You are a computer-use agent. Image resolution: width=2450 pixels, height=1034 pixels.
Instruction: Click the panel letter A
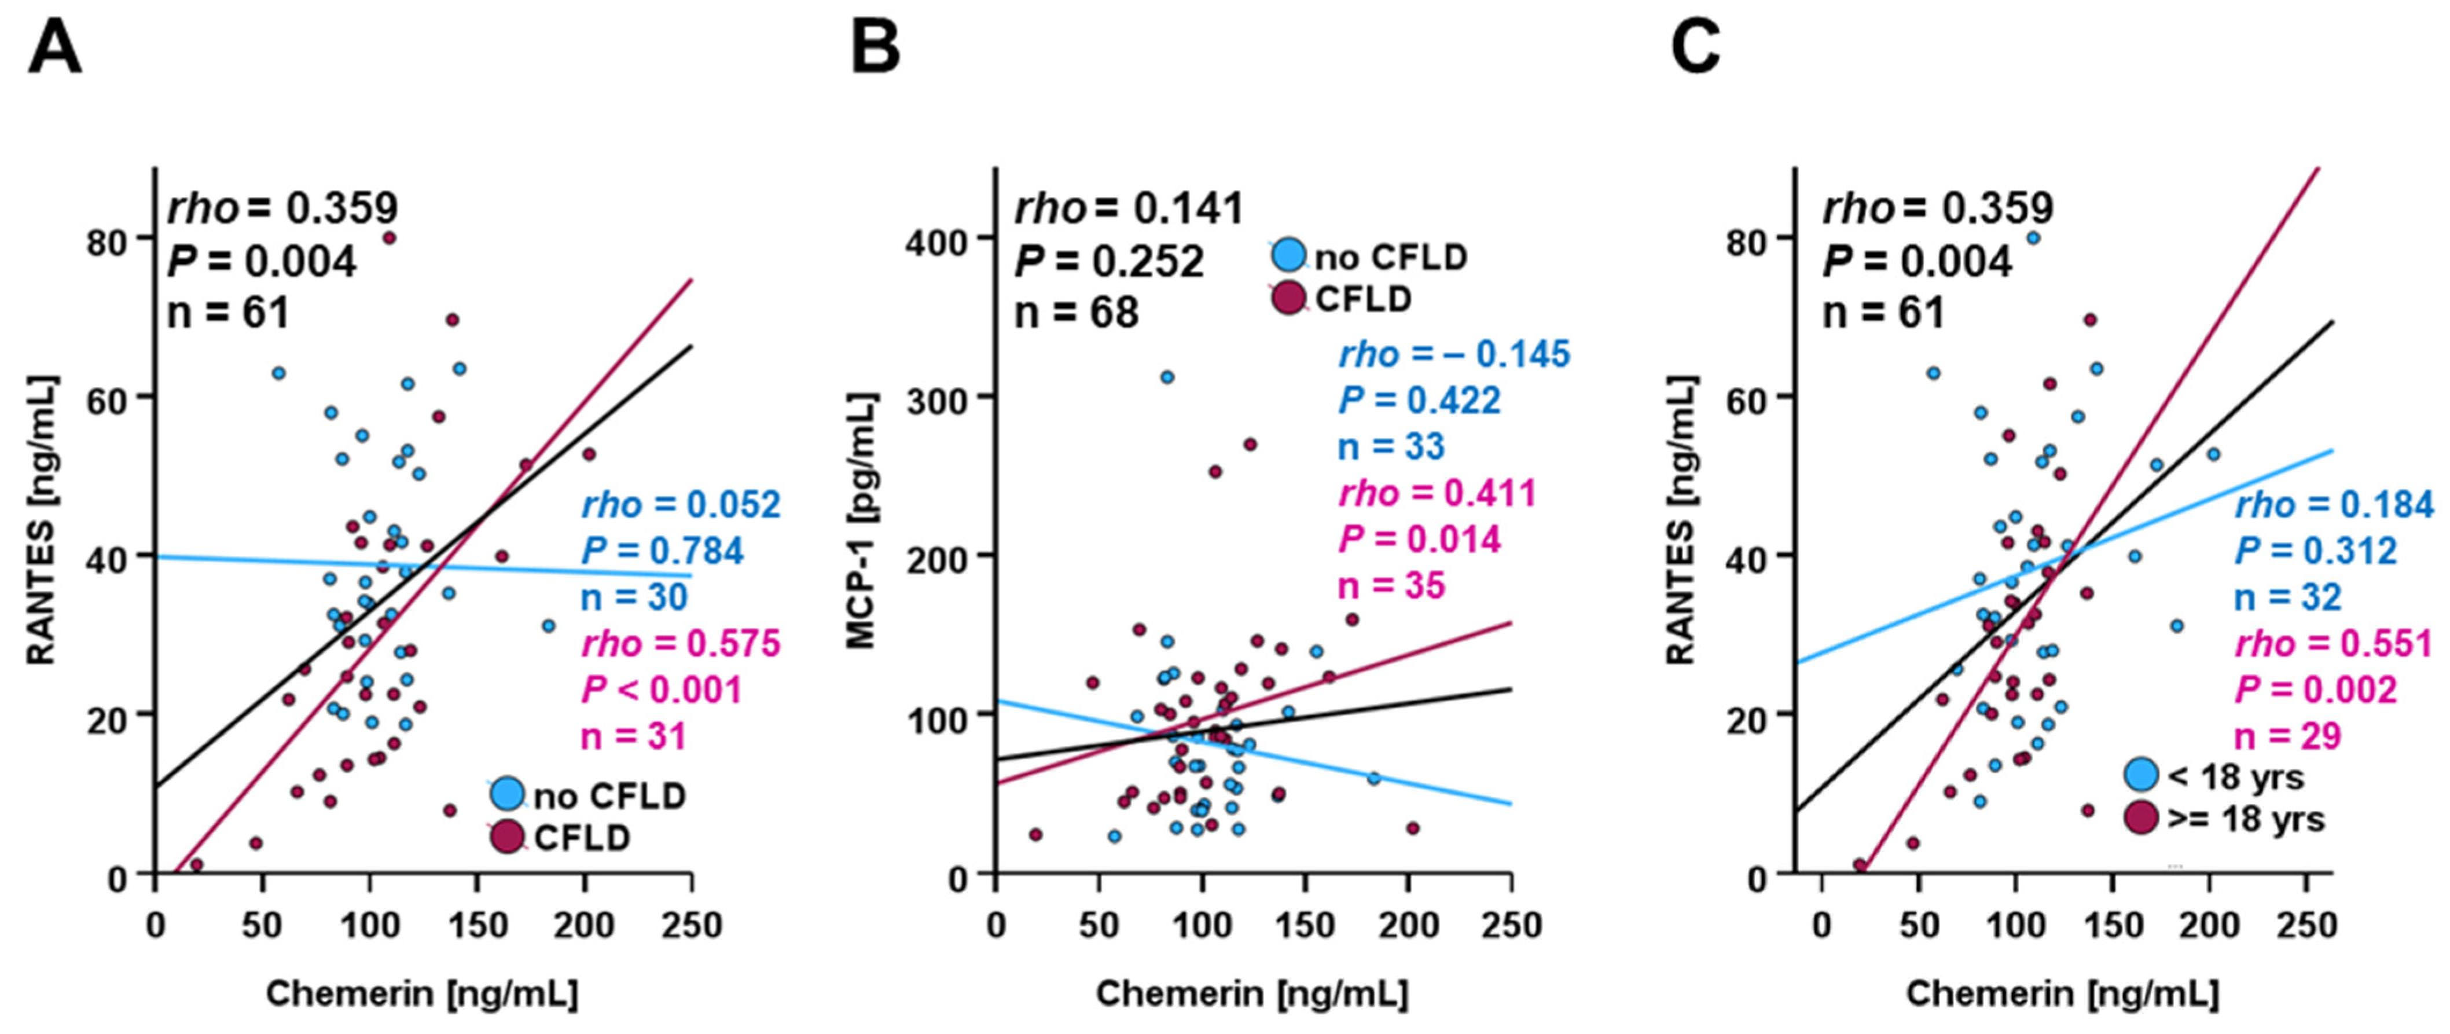click(x=54, y=49)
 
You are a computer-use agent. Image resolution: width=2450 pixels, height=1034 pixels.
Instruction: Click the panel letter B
click(x=874, y=49)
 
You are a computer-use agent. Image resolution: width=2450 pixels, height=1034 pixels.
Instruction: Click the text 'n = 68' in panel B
click(x=1077, y=313)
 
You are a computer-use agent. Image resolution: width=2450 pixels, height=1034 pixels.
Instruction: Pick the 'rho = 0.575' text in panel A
click(x=681, y=644)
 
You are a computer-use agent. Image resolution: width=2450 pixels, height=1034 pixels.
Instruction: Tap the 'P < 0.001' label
click(x=662, y=690)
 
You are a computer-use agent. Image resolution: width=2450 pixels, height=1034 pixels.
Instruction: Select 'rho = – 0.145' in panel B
click(x=1455, y=355)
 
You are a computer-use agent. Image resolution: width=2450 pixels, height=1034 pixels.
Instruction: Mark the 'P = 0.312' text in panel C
click(x=2314, y=551)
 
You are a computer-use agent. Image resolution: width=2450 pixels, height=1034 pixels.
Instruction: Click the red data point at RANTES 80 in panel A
click(x=389, y=238)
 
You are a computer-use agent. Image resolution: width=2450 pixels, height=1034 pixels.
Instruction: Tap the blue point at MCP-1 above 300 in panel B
click(x=1167, y=377)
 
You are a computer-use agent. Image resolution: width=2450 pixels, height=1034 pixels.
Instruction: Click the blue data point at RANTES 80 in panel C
click(x=2033, y=238)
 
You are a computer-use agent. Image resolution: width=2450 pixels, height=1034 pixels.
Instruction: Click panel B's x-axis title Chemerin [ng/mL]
click(x=1252, y=994)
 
